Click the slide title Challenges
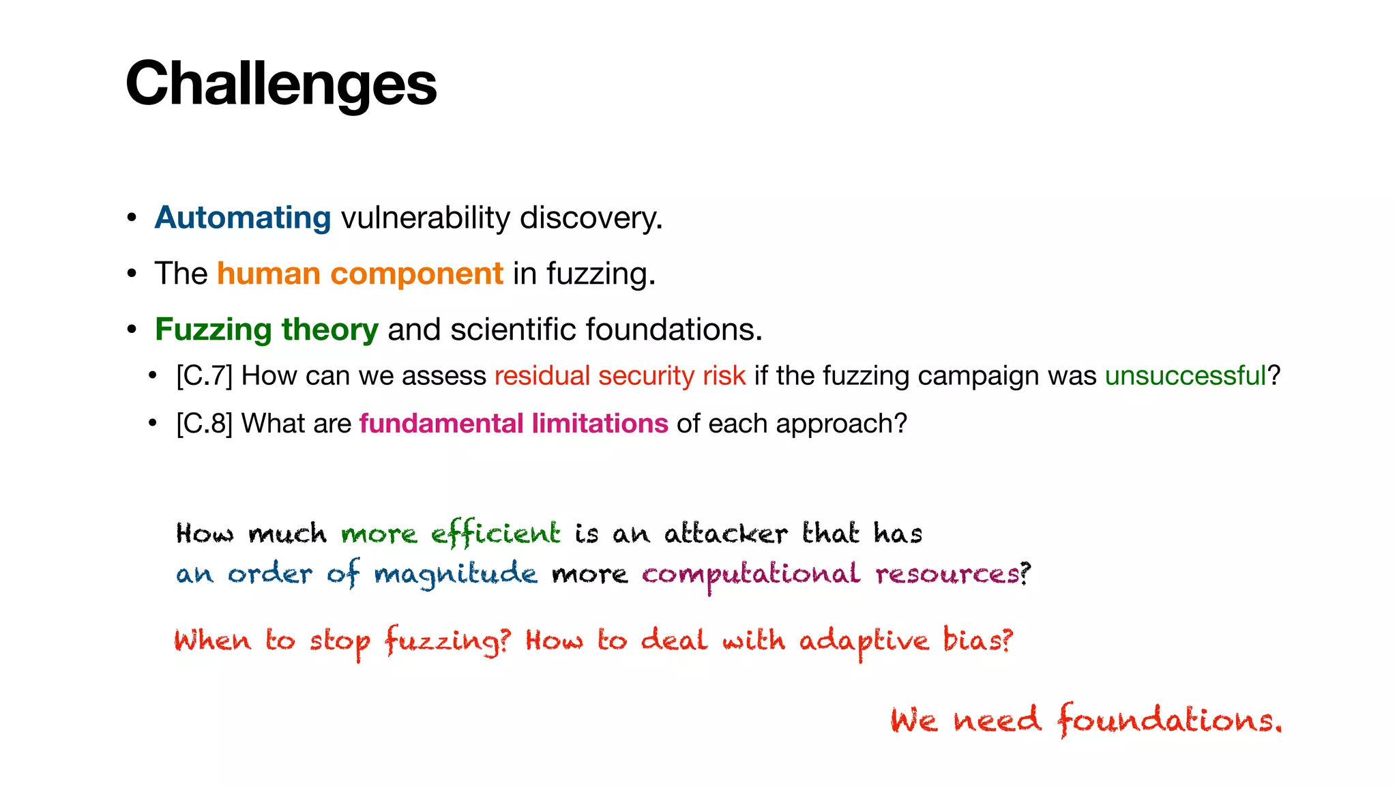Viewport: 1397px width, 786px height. point(280,83)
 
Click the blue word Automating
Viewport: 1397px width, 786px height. point(243,218)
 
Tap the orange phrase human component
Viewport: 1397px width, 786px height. point(359,274)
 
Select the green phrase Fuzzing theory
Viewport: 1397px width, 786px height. point(266,330)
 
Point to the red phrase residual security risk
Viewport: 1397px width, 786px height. point(619,377)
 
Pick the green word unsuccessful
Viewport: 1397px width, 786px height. point(1185,377)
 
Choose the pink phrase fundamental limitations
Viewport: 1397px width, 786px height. point(513,424)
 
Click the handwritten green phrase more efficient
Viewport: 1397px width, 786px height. point(450,534)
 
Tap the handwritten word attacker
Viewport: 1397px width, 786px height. point(725,534)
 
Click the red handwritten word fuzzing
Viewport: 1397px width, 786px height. point(443,641)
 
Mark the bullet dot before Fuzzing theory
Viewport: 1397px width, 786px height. point(132,330)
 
